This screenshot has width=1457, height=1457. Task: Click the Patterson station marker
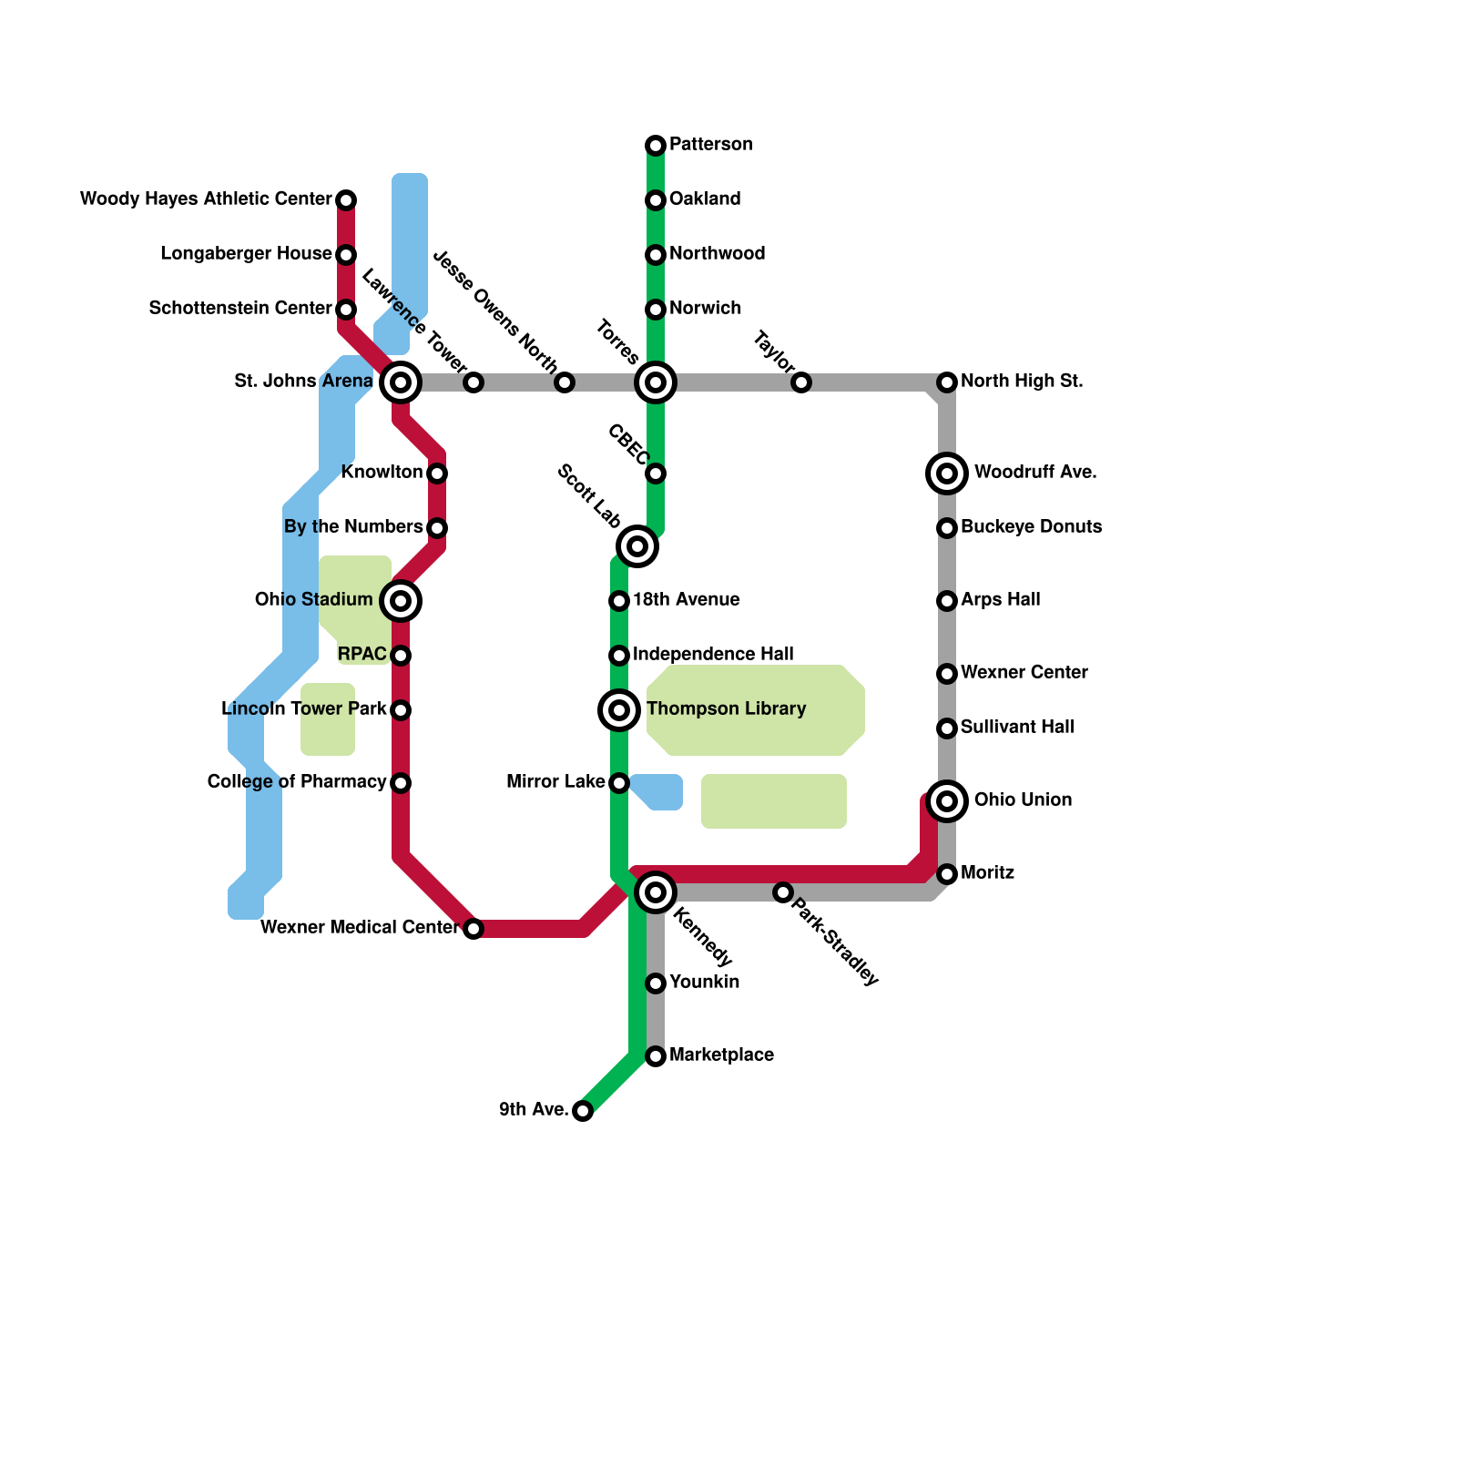pos(656,146)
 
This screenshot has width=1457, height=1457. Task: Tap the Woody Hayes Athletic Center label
pos(206,199)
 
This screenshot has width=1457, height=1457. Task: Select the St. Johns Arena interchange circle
pos(401,382)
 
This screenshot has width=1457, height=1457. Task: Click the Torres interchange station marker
pos(656,382)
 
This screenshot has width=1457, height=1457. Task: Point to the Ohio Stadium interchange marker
pos(401,601)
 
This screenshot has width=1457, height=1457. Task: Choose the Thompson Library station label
pos(726,709)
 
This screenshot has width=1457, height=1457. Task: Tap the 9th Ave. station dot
pos(583,1111)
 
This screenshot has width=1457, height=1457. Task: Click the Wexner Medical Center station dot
pos(474,929)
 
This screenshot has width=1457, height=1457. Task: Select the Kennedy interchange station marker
pos(656,892)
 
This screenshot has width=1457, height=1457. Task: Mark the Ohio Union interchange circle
pos(947,801)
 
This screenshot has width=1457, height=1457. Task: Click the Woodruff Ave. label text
pos(1035,473)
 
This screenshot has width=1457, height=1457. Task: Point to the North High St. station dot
pos(947,382)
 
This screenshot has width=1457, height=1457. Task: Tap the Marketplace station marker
pos(656,1056)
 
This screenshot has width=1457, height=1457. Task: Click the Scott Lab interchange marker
pos(637,546)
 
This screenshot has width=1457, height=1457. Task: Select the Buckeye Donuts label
pos(1031,527)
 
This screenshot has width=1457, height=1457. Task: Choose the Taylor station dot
pos(801,382)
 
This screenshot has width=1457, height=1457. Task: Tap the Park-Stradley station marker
pos(783,892)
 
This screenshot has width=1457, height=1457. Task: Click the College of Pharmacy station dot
pos(401,783)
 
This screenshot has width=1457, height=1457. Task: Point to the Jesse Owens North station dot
pos(565,382)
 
